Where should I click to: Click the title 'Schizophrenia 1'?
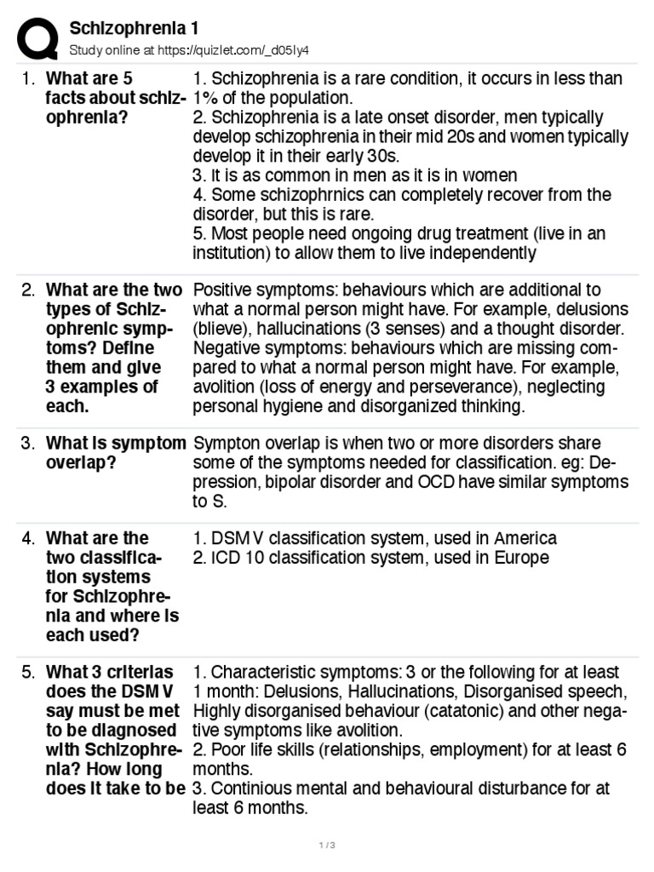click(134, 28)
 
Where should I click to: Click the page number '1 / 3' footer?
click(327, 846)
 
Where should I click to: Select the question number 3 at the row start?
click(28, 443)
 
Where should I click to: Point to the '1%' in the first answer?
click(208, 98)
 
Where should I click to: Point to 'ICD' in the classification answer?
click(226, 558)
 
